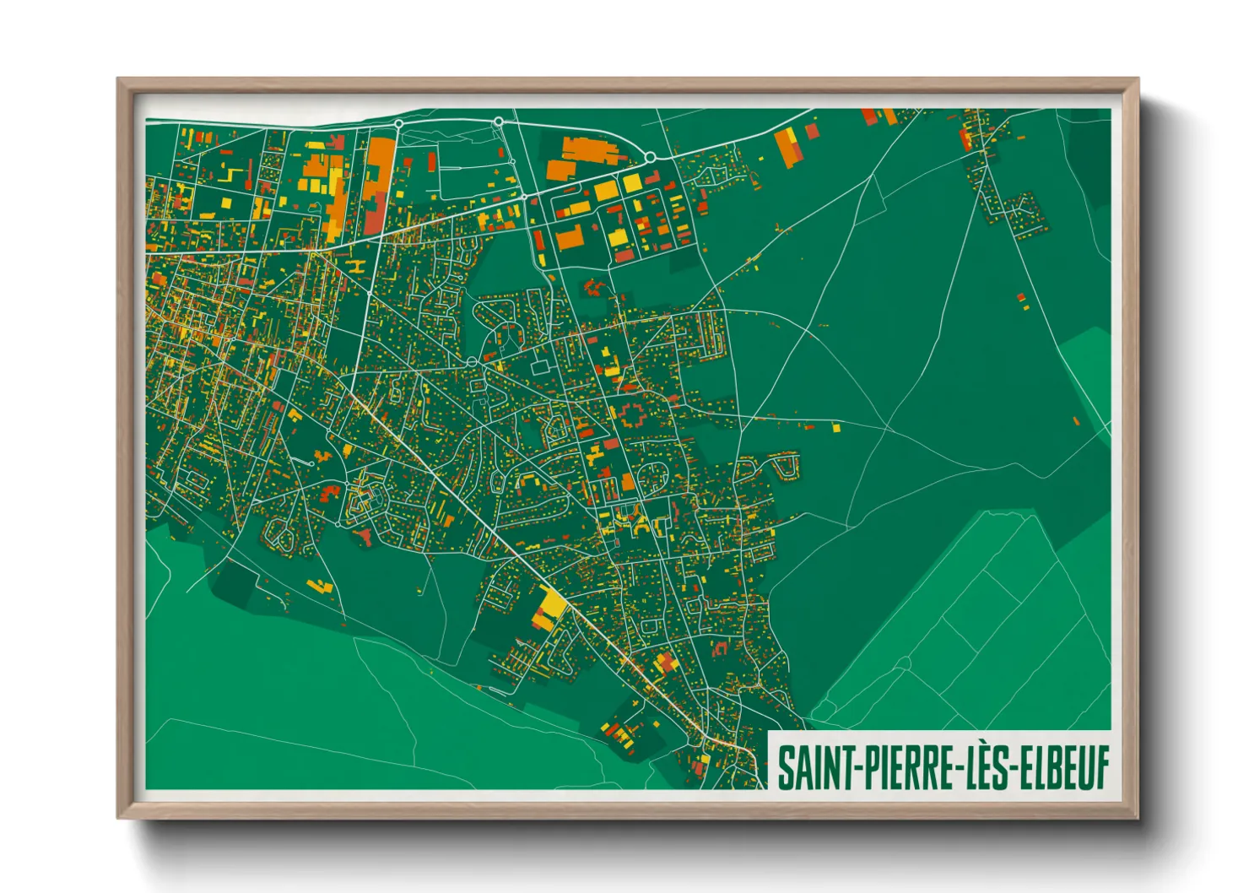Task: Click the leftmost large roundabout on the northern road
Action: [398, 125]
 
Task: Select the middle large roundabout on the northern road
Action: [499, 122]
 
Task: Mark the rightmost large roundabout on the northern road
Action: [650, 157]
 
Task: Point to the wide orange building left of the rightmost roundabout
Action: [590, 151]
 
